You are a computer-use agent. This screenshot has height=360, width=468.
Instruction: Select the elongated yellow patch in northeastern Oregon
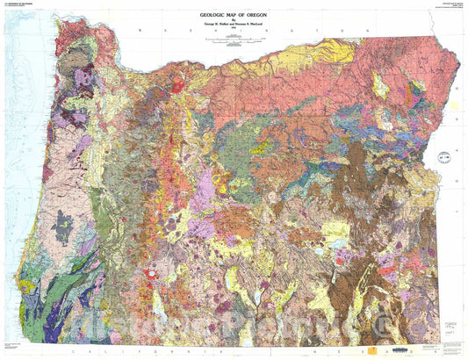[x=381, y=85]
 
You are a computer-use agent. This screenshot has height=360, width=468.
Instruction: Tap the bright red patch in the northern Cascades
[x=179, y=86]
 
